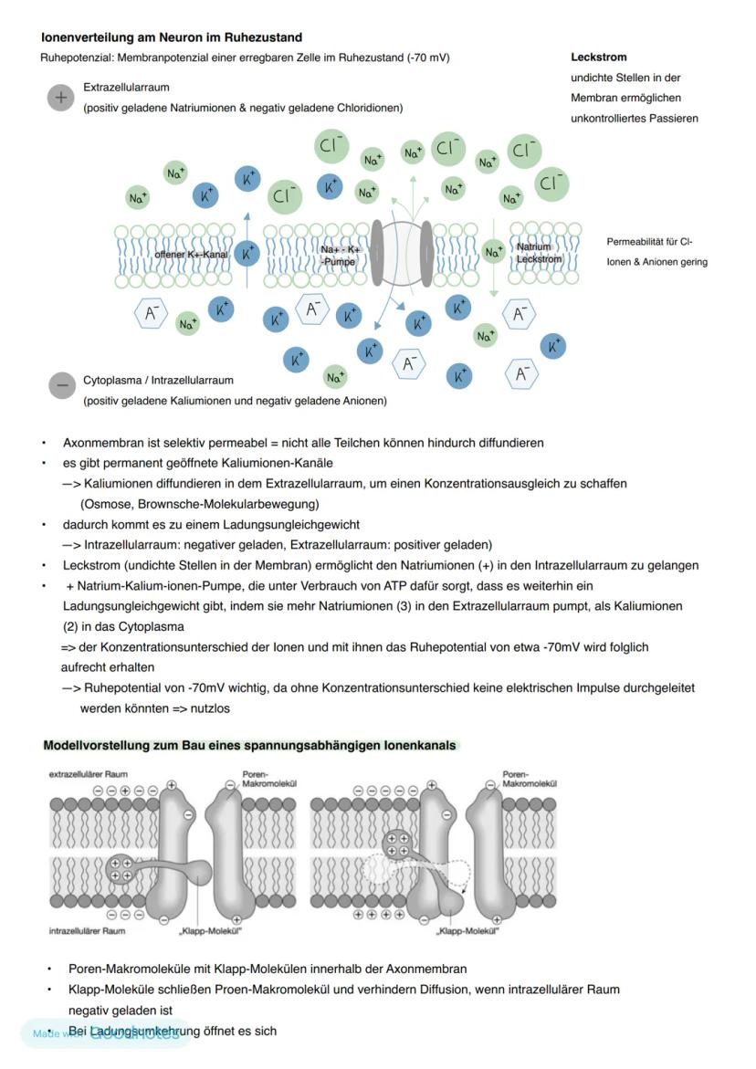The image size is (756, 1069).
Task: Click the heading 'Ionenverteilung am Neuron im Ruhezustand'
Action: coord(172,37)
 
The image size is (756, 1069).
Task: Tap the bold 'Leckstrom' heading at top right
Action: coord(599,57)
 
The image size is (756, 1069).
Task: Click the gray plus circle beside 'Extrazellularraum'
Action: coord(60,98)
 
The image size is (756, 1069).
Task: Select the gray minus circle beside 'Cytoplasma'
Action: coord(62,385)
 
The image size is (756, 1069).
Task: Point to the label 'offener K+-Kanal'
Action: coord(191,255)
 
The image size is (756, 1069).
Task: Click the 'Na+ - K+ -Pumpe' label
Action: coord(341,255)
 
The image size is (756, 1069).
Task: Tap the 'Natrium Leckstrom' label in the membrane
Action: coord(539,253)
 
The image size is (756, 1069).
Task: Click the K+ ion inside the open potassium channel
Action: coord(246,253)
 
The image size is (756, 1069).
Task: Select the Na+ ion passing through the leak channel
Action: coord(494,252)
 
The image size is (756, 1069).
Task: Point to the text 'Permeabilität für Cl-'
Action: coord(649,242)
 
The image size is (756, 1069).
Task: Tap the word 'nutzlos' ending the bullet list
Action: coord(209,707)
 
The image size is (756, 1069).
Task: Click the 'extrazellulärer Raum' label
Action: coord(89,774)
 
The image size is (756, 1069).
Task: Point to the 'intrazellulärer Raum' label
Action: coord(87,931)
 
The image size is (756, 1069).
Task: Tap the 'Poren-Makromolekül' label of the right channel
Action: coord(530,778)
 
